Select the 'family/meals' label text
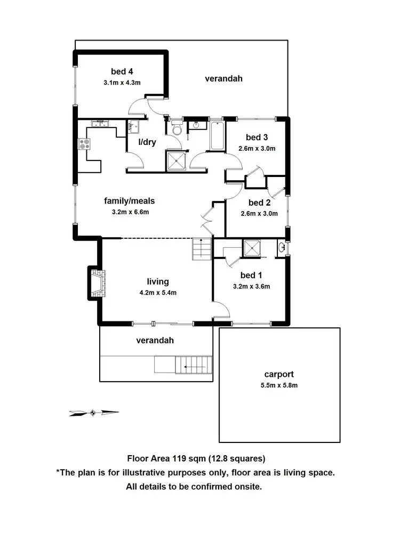pos(129,201)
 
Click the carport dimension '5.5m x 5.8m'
pos(279,385)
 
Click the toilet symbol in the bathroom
pos(177,128)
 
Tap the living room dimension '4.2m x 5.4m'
pos(158,292)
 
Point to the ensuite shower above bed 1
pos(251,248)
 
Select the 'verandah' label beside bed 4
pos(223,78)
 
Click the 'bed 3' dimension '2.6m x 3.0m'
pos(257,149)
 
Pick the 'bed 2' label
pos(260,203)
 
